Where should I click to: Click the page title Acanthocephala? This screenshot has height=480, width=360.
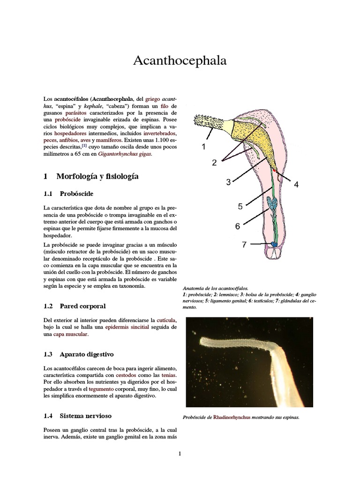click(x=180, y=60)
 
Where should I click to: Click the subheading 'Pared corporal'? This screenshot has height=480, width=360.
click(x=82, y=306)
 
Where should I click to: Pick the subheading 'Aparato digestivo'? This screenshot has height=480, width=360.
click(x=86, y=354)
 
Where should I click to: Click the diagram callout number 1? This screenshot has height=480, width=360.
click(x=204, y=147)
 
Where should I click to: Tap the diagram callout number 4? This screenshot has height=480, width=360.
click(x=296, y=185)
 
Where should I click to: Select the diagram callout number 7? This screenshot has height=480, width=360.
click(x=244, y=244)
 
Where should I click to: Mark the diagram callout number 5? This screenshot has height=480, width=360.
click(x=240, y=206)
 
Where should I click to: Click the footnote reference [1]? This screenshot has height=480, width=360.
click(x=84, y=146)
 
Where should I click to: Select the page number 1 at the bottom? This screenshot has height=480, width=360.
click(x=180, y=453)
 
